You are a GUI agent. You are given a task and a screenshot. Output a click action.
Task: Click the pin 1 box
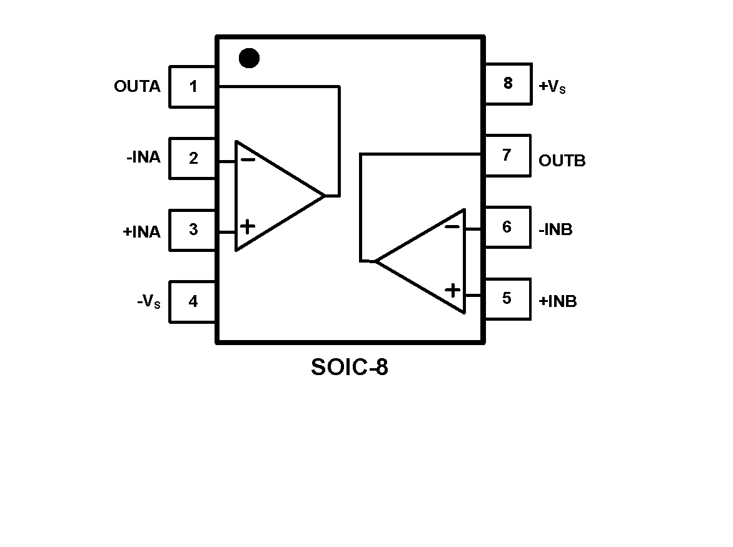click(x=193, y=86)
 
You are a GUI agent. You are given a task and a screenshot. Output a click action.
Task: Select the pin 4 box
click(x=193, y=301)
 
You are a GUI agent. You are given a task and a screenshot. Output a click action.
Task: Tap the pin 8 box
click(x=508, y=83)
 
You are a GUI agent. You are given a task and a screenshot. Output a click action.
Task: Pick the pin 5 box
click(x=507, y=299)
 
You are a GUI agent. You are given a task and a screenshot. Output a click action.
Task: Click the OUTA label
click(x=137, y=87)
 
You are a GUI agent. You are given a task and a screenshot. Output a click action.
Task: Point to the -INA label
click(x=143, y=158)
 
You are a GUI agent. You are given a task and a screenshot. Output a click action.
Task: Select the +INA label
click(x=141, y=232)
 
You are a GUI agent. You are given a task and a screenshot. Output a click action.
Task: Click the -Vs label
click(x=148, y=302)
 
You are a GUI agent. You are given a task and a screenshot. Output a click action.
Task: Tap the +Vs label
click(x=552, y=87)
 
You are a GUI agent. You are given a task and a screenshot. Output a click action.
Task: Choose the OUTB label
click(x=562, y=161)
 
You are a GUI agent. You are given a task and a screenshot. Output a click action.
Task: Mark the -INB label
click(x=555, y=230)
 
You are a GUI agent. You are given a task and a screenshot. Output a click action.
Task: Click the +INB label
click(x=557, y=301)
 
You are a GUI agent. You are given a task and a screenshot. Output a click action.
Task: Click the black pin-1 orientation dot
click(x=249, y=58)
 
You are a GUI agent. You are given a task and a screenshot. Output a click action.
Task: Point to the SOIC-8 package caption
click(x=349, y=368)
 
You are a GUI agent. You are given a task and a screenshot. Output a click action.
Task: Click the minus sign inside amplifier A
click(x=248, y=160)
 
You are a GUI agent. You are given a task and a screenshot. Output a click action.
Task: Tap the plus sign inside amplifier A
click(x=248, y=226)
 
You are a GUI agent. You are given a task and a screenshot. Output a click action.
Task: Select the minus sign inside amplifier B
click(x=452, y=227)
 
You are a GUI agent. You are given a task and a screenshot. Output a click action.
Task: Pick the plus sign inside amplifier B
click(x=452, y=290)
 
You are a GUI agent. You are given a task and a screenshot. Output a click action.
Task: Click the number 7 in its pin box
click(x=507, y=154)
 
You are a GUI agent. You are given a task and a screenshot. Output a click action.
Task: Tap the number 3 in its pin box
click(x=193, y=229)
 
